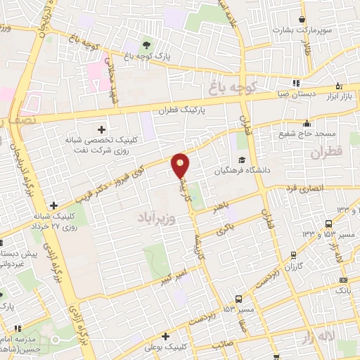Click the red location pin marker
point(181,165)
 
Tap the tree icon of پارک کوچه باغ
point(146,43)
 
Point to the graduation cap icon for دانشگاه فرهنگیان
point(242,159)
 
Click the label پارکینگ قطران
point(181,110)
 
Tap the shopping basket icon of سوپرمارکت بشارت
point(302,20)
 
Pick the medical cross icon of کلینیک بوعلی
point(166,337)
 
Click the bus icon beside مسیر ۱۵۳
point(238,298)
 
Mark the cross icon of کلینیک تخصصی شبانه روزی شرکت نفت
point(103,129)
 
